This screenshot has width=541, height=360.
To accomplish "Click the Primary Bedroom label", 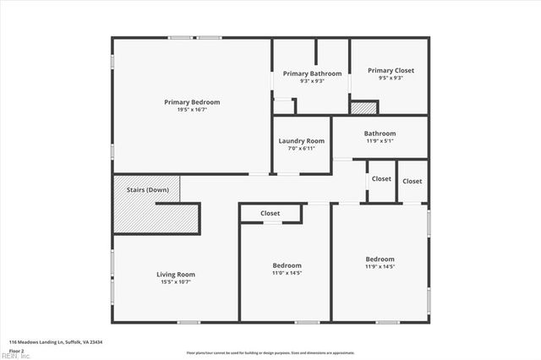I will (192, 102).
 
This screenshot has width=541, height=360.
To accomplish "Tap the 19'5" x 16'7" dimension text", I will (192, 110).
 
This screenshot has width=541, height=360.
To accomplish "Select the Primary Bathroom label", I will (312, 74).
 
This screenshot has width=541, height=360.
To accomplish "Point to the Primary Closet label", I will (391, 70).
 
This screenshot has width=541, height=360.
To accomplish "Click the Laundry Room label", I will (303, 141).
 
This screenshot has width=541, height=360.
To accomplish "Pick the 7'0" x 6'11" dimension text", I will (303, 149).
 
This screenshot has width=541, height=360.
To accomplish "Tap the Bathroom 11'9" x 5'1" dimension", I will (380, 141).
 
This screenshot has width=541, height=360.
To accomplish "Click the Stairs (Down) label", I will (148, 190).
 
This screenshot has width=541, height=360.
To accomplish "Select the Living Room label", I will (176, 274).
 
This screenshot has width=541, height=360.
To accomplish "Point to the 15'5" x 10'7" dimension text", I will (176, 281).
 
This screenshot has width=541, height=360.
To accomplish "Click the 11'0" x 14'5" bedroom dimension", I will (287, 273).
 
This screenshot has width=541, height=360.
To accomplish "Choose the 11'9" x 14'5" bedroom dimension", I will (380, 266).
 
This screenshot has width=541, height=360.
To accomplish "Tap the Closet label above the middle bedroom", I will (270, 214).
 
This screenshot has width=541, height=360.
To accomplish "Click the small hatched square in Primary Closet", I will (363, 108).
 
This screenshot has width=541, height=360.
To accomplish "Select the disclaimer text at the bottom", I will (270, 352).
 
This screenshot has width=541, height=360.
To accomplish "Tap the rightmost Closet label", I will (413, 182).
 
